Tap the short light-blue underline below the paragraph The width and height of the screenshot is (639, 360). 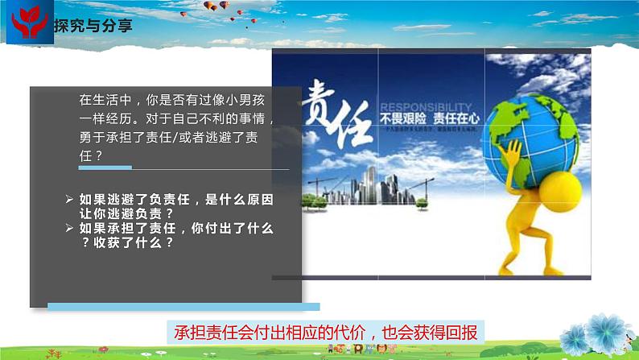(x=105, y=168)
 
